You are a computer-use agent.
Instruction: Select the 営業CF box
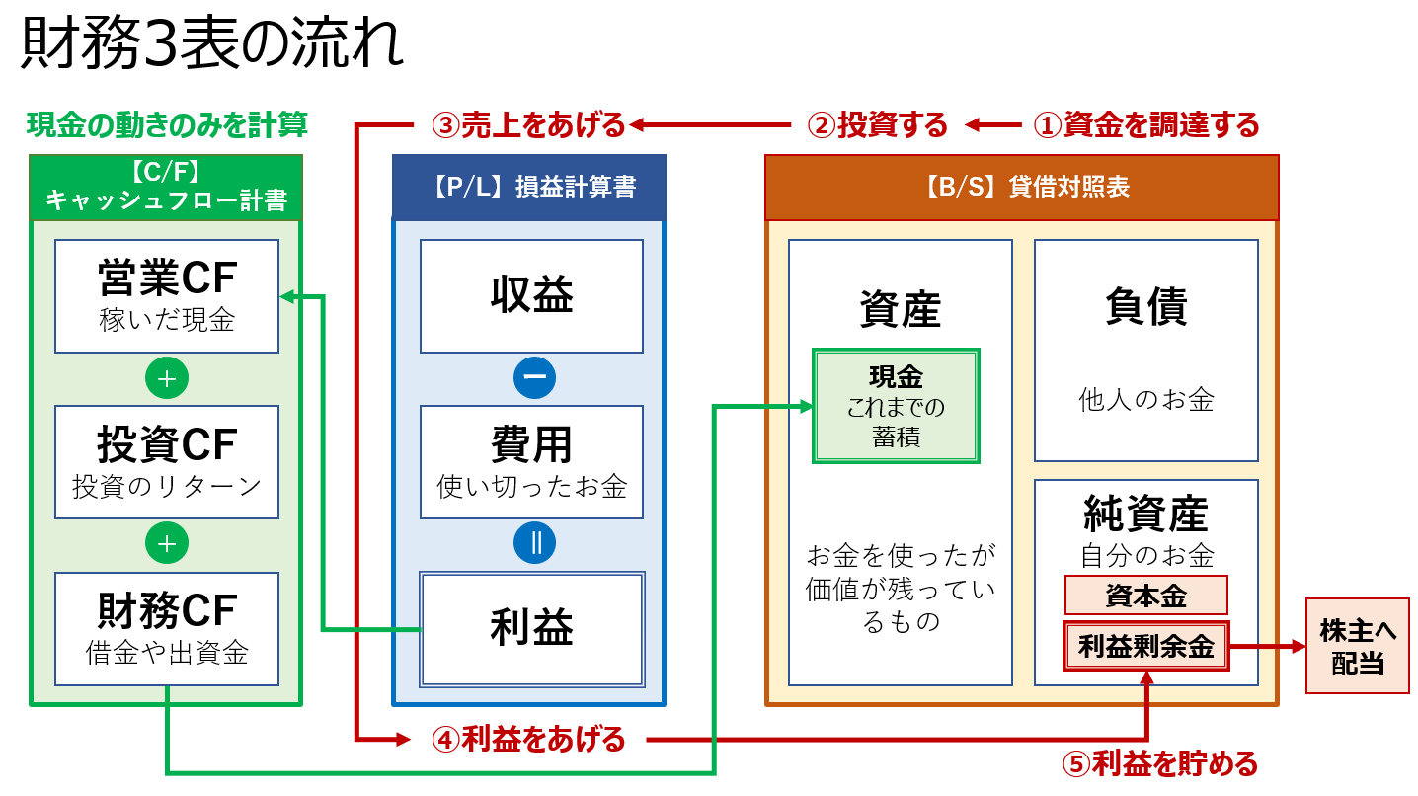point(167,296)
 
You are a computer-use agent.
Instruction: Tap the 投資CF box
point(167,462)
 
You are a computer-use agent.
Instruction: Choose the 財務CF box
point(167,628)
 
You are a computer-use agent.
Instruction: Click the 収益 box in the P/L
point(531,296)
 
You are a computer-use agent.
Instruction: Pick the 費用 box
point(531,462)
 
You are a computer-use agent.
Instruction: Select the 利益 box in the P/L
point(531,629)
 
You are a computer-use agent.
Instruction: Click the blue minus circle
point(534,377)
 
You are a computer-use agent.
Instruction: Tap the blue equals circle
point(534,543)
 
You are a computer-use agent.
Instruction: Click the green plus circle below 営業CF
point(167,377)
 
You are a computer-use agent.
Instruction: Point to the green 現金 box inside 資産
point(896,406)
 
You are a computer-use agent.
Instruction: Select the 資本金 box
point(1145,596)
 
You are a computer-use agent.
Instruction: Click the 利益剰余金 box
point(1145,647)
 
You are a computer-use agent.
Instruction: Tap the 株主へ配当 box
point(1357,646)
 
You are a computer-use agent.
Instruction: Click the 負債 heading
point(1145,306)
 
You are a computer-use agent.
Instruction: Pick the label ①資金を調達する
point(1145,125)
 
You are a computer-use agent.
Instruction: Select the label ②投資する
point(878,125)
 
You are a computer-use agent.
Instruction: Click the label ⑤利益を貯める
point(1159,763)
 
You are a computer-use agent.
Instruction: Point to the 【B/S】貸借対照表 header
point(1021,188)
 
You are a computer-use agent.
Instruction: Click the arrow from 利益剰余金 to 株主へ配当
point(1268,647)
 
